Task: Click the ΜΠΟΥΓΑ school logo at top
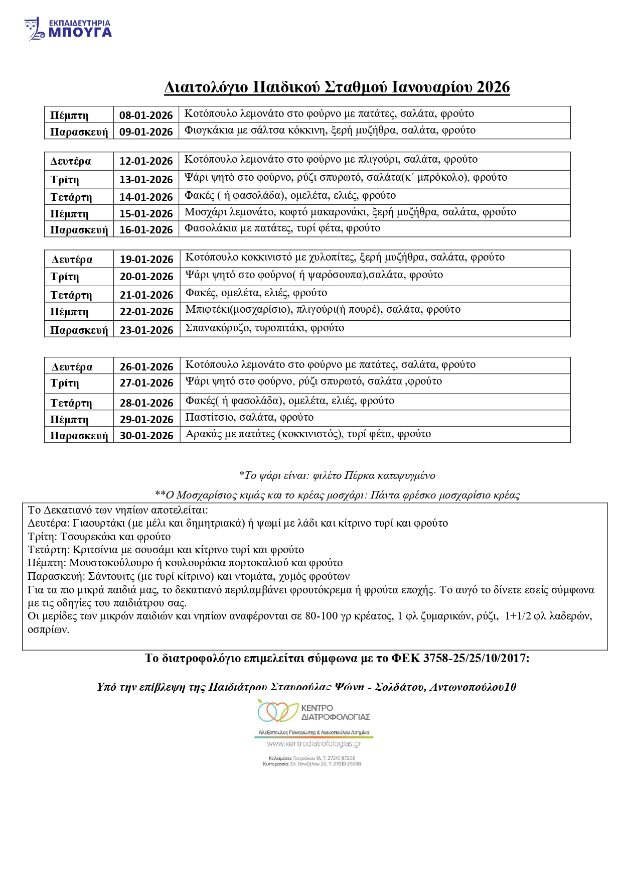(68, 29)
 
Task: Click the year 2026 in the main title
(493, 87)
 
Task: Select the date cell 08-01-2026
(146, 115)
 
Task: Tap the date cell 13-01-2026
(146, 179)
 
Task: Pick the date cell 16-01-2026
(146, 229)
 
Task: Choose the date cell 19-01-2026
(146, 259)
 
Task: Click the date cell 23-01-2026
(146, 330)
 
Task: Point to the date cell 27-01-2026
(146, 383)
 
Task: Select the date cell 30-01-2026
(146, 435)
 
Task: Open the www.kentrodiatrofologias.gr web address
(314, 744)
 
